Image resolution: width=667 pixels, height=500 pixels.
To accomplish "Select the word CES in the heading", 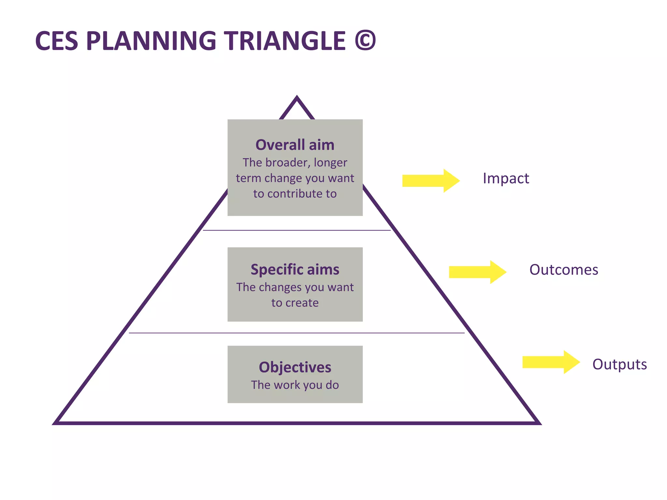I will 57,41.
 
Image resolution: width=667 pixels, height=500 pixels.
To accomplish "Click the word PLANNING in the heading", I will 151,41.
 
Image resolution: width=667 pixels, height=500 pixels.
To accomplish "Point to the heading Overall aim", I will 295,145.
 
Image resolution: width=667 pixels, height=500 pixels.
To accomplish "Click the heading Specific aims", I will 295,270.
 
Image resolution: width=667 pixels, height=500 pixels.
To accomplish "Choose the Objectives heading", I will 295,367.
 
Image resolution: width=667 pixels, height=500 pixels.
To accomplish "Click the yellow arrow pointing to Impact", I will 431,181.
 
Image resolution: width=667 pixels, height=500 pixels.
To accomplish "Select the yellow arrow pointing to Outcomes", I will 477,272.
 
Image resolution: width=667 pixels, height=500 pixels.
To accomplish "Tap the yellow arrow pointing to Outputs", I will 551,362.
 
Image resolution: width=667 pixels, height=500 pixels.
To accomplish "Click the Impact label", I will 506,178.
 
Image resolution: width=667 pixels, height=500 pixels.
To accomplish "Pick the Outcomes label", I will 563,270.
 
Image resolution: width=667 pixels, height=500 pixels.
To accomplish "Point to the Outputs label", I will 619,364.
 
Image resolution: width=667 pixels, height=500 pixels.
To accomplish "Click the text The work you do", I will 295,385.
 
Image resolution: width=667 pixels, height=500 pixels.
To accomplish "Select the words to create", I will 295,303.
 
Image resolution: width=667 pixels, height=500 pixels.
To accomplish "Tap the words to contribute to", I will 295,194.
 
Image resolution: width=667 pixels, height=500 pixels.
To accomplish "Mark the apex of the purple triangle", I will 297,97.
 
